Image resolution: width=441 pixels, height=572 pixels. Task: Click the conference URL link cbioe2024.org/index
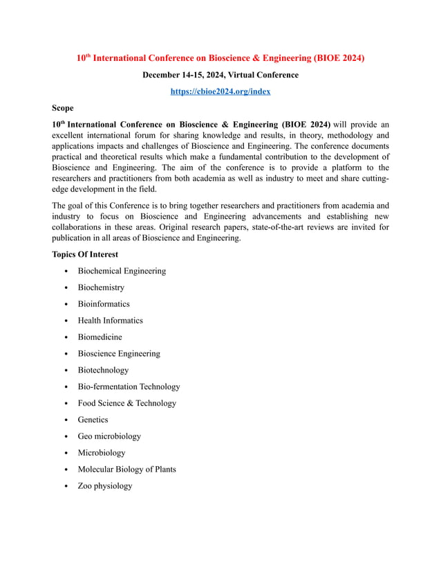coord(220,91)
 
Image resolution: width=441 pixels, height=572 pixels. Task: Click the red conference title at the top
coord(220,58)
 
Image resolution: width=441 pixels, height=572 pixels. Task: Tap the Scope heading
coord(63,108)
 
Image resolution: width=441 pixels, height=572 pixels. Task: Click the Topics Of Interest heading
coord(85,254)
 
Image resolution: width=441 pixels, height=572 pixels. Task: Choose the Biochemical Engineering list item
coord(122,271)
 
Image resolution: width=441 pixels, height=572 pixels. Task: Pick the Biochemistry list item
coord(101,287)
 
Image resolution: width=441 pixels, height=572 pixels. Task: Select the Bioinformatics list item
coord(104,304)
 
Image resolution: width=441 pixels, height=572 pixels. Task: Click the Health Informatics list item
coord(110,321)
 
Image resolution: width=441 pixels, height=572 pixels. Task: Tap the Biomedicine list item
coord(100,337)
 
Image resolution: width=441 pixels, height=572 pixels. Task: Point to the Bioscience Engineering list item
coord(118,354)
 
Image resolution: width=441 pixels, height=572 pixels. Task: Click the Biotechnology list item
coord(103,370)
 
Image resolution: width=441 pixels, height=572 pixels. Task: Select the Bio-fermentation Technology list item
coord(129,387)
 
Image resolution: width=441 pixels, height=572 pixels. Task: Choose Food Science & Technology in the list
coord(126,403)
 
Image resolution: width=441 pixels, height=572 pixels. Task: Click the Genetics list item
coord(93,420)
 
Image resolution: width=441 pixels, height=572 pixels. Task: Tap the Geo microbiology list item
coord(109,436)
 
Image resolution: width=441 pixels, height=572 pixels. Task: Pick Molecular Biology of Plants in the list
coord(126,470)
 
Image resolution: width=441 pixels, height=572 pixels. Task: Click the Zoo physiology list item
coord(104,486)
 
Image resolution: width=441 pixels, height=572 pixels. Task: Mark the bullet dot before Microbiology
coord(65,454)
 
